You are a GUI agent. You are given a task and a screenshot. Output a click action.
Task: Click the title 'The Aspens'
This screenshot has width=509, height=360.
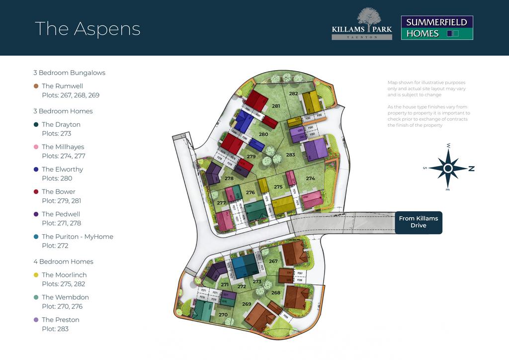click(x=87, y=28)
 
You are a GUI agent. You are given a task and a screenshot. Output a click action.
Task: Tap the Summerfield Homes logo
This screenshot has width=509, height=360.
click(x=436, y=28)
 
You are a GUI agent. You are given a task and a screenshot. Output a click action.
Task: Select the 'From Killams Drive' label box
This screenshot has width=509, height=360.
click(x=418, y=222)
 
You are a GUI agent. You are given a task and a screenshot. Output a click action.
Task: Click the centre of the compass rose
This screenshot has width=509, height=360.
click(x=448, y=169)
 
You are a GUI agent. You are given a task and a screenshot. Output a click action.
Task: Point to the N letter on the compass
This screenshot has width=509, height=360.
click(x=471, y=169)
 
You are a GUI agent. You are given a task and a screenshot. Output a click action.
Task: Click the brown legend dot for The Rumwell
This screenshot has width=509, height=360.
click(x=36, y=86)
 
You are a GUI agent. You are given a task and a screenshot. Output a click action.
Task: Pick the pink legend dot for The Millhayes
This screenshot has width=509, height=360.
click(x=36, y=147)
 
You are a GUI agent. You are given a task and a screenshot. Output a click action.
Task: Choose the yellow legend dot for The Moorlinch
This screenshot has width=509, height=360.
click(x=36, y=275)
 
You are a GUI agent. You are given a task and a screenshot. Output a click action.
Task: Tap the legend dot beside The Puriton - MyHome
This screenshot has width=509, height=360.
click(x=36, y=237)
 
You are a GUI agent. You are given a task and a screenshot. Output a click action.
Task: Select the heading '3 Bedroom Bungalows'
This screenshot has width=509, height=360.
click(x=69, y=73)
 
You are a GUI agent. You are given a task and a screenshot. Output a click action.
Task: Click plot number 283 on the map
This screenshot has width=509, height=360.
click(x=291, y=155)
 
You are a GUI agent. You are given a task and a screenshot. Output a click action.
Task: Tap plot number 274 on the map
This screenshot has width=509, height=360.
click(x=311, y=179)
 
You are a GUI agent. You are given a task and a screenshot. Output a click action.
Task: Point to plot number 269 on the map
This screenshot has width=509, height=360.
click(x=247, y=304)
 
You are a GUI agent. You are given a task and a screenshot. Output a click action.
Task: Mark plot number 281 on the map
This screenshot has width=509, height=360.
click(x=276, y=106)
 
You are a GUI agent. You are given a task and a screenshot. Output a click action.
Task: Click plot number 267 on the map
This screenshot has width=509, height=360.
click(x=273, y=261)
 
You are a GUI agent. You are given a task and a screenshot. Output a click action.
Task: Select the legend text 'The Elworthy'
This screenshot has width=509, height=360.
click(x=62, y=169)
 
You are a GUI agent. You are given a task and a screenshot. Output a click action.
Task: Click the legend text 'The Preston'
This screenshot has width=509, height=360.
click(x=61, y=320)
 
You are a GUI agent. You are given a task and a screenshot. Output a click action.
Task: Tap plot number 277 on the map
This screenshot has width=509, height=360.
click(x=221, y=203)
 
